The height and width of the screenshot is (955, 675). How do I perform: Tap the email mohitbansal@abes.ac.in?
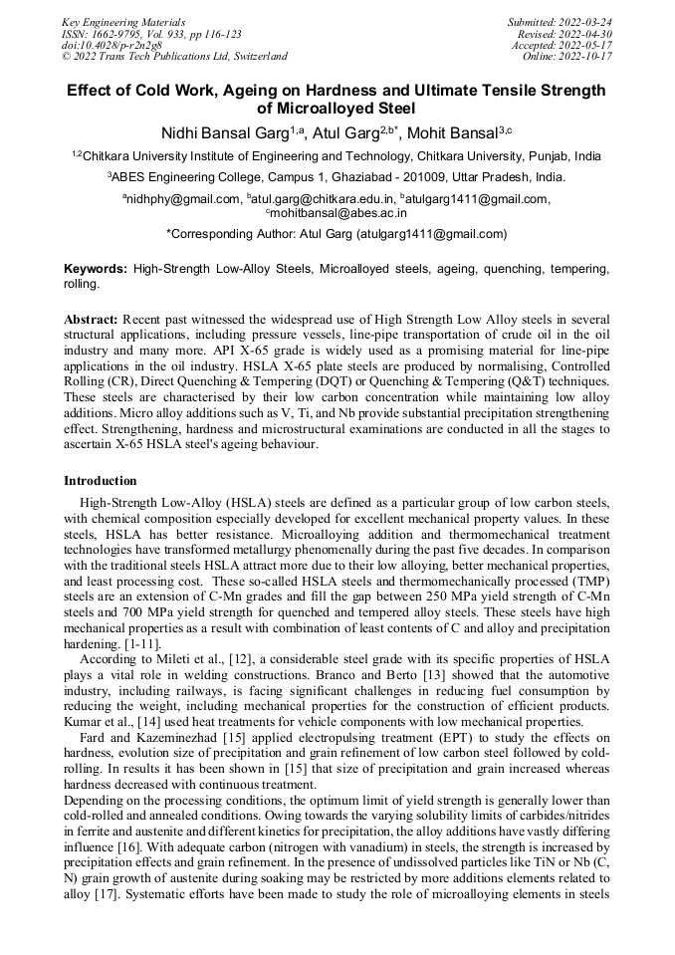(x=339, y=212)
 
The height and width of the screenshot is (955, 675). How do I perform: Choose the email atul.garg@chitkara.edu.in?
(x=322, y=199)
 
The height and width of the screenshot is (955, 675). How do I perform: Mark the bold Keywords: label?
(x=96, y=269)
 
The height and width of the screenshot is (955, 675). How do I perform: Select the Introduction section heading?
(x=101, y=481)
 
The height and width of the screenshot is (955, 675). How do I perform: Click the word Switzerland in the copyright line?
(x=257, y=57)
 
